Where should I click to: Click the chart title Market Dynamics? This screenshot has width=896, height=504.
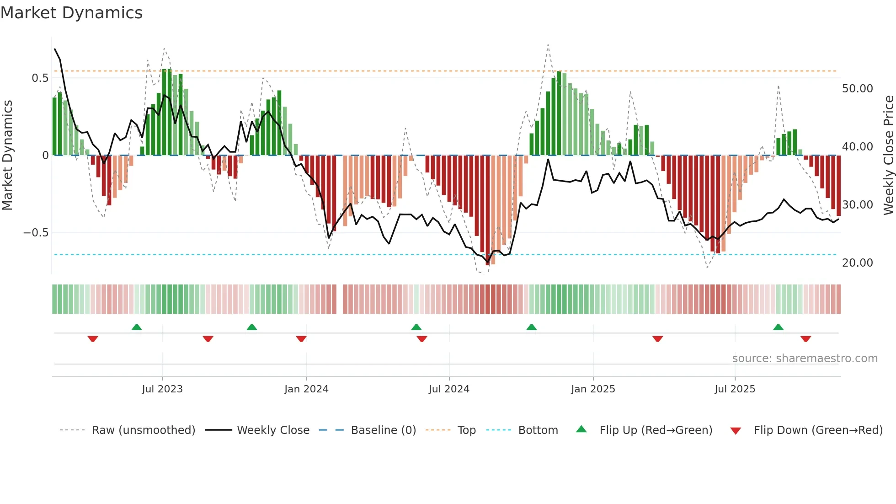(x=71, y=13)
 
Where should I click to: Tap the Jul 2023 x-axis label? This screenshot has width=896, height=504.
(x=162, y=389)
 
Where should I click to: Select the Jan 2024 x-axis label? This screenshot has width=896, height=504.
(x=306, y=389)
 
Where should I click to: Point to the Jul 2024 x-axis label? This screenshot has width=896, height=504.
(x=449, y=389)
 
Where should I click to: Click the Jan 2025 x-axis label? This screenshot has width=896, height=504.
(x=593, y=389)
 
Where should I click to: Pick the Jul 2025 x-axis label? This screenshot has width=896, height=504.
(x=735, y=389)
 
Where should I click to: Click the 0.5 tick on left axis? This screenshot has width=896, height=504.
(x=40, y=78)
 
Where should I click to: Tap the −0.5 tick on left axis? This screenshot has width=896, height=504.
(x=36, y=233)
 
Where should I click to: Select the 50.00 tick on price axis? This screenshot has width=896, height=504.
(x=857, y=89)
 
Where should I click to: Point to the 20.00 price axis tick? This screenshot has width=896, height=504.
(x=857, y=263)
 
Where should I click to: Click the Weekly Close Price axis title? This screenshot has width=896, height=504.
(x=888, y=155)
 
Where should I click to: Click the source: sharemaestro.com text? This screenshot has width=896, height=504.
(x=805, y=359)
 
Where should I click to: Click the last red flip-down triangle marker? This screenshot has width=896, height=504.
(x=805, y=339)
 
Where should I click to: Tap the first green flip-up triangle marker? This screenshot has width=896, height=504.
(x=136, y=327)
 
